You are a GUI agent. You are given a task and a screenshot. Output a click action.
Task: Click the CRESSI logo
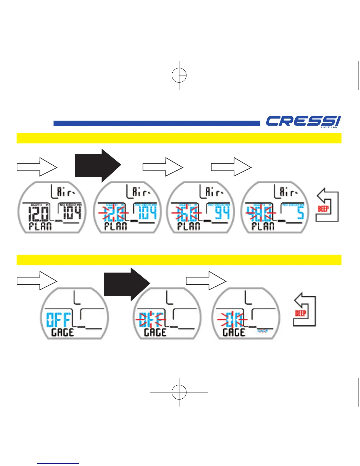click(x=303, y=122)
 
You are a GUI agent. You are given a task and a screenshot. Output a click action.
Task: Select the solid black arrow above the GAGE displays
click(x=127, y=284)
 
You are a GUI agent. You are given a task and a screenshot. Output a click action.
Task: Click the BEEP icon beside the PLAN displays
click(x=327, y=205)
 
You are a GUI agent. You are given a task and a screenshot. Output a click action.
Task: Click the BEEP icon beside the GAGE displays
click(x=304, y=309)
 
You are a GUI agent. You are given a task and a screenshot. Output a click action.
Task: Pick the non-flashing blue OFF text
click(x=59, y=320)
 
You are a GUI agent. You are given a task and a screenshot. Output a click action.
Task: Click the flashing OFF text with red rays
click(x=151, y=320)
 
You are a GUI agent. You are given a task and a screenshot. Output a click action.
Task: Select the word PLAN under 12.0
click(x=40, y=227)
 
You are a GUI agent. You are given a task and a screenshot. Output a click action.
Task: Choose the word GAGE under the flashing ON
click(x=234, y=332)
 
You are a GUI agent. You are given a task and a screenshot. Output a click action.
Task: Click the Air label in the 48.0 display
click(x=286, y=193)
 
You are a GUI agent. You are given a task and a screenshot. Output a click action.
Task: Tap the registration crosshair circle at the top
click(x=179, y=75)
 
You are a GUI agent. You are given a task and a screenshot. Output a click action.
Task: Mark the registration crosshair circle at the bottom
click(x=179, y=392)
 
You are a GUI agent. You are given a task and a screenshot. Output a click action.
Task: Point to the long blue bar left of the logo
click(x=157, y=123)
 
